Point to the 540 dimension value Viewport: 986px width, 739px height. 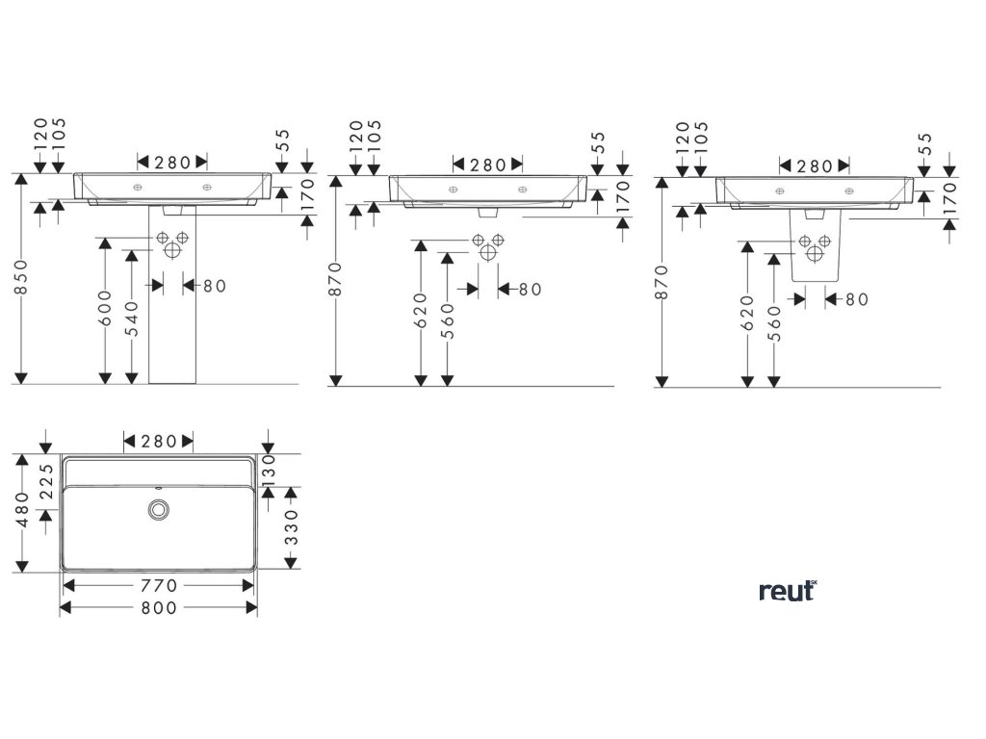coord(133,316)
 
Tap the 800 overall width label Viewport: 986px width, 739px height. coord(159,608)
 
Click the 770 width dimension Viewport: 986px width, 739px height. coord(159,585)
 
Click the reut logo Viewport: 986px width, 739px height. coord(787,590)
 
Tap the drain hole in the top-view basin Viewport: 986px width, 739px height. coord(158,508)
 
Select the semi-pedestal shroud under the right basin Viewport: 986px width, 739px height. coord(815,247)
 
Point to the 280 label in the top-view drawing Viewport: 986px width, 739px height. coord(159,442)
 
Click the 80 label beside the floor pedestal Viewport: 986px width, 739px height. coord(214,286)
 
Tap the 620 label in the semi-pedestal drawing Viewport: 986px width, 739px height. coord(747,312)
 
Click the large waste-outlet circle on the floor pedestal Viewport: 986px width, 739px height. coord(172,250)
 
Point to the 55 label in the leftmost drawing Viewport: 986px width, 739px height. coord(284,143)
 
